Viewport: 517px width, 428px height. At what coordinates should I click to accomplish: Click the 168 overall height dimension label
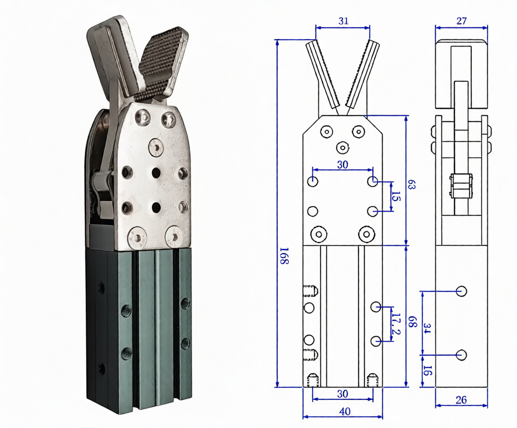284,256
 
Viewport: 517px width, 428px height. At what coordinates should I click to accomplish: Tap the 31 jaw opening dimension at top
343,21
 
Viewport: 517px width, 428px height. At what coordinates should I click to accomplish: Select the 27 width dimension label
461,21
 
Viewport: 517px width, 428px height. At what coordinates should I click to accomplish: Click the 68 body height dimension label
413,322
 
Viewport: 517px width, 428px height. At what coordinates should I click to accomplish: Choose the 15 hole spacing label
397,196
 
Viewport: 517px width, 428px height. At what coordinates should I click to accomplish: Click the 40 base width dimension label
344,411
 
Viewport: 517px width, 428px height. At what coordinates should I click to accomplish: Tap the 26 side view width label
461,400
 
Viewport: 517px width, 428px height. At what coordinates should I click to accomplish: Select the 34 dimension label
427,328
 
